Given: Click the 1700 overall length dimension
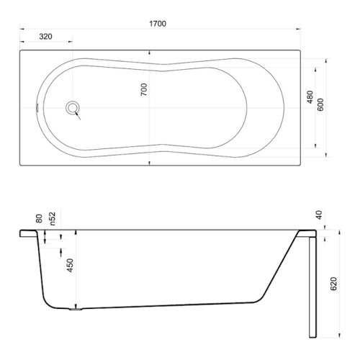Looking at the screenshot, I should (x=158, y=23).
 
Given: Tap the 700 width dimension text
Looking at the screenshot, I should (x=144, y=90).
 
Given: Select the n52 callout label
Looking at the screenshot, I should (x=53, y=216).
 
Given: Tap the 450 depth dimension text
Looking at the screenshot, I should (x=70, y=265).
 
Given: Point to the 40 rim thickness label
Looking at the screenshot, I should (x=319, y=214).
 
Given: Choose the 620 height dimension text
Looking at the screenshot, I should (x=333, y=284).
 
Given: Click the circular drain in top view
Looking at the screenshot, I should (x=72, y=109).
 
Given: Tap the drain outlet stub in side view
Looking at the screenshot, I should (x=74, y=310).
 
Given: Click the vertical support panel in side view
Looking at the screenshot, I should (x=310, y=284).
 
